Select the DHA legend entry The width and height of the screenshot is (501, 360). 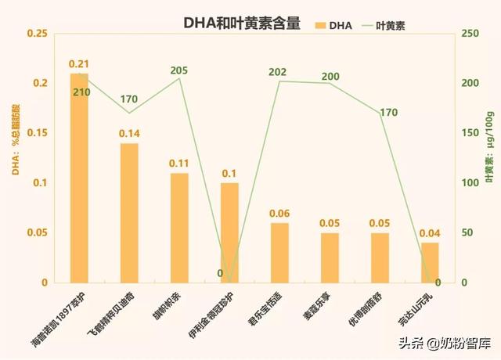click(x=333, y=25)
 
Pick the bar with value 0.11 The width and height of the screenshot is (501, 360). click(x=179, y=228)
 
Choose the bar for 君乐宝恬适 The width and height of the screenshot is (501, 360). click(x=279, y=253)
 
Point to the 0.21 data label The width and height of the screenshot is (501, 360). click(x=79, y=63)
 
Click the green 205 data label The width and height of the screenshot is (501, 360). click(x=179, y=70)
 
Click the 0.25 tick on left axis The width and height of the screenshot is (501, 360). click(x=37, y=34)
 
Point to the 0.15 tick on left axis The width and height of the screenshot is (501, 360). click(x=37, y=133)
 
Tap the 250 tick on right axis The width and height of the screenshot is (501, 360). click(x=469, y=34)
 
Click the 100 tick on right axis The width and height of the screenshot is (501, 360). click(x=469, y=183)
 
